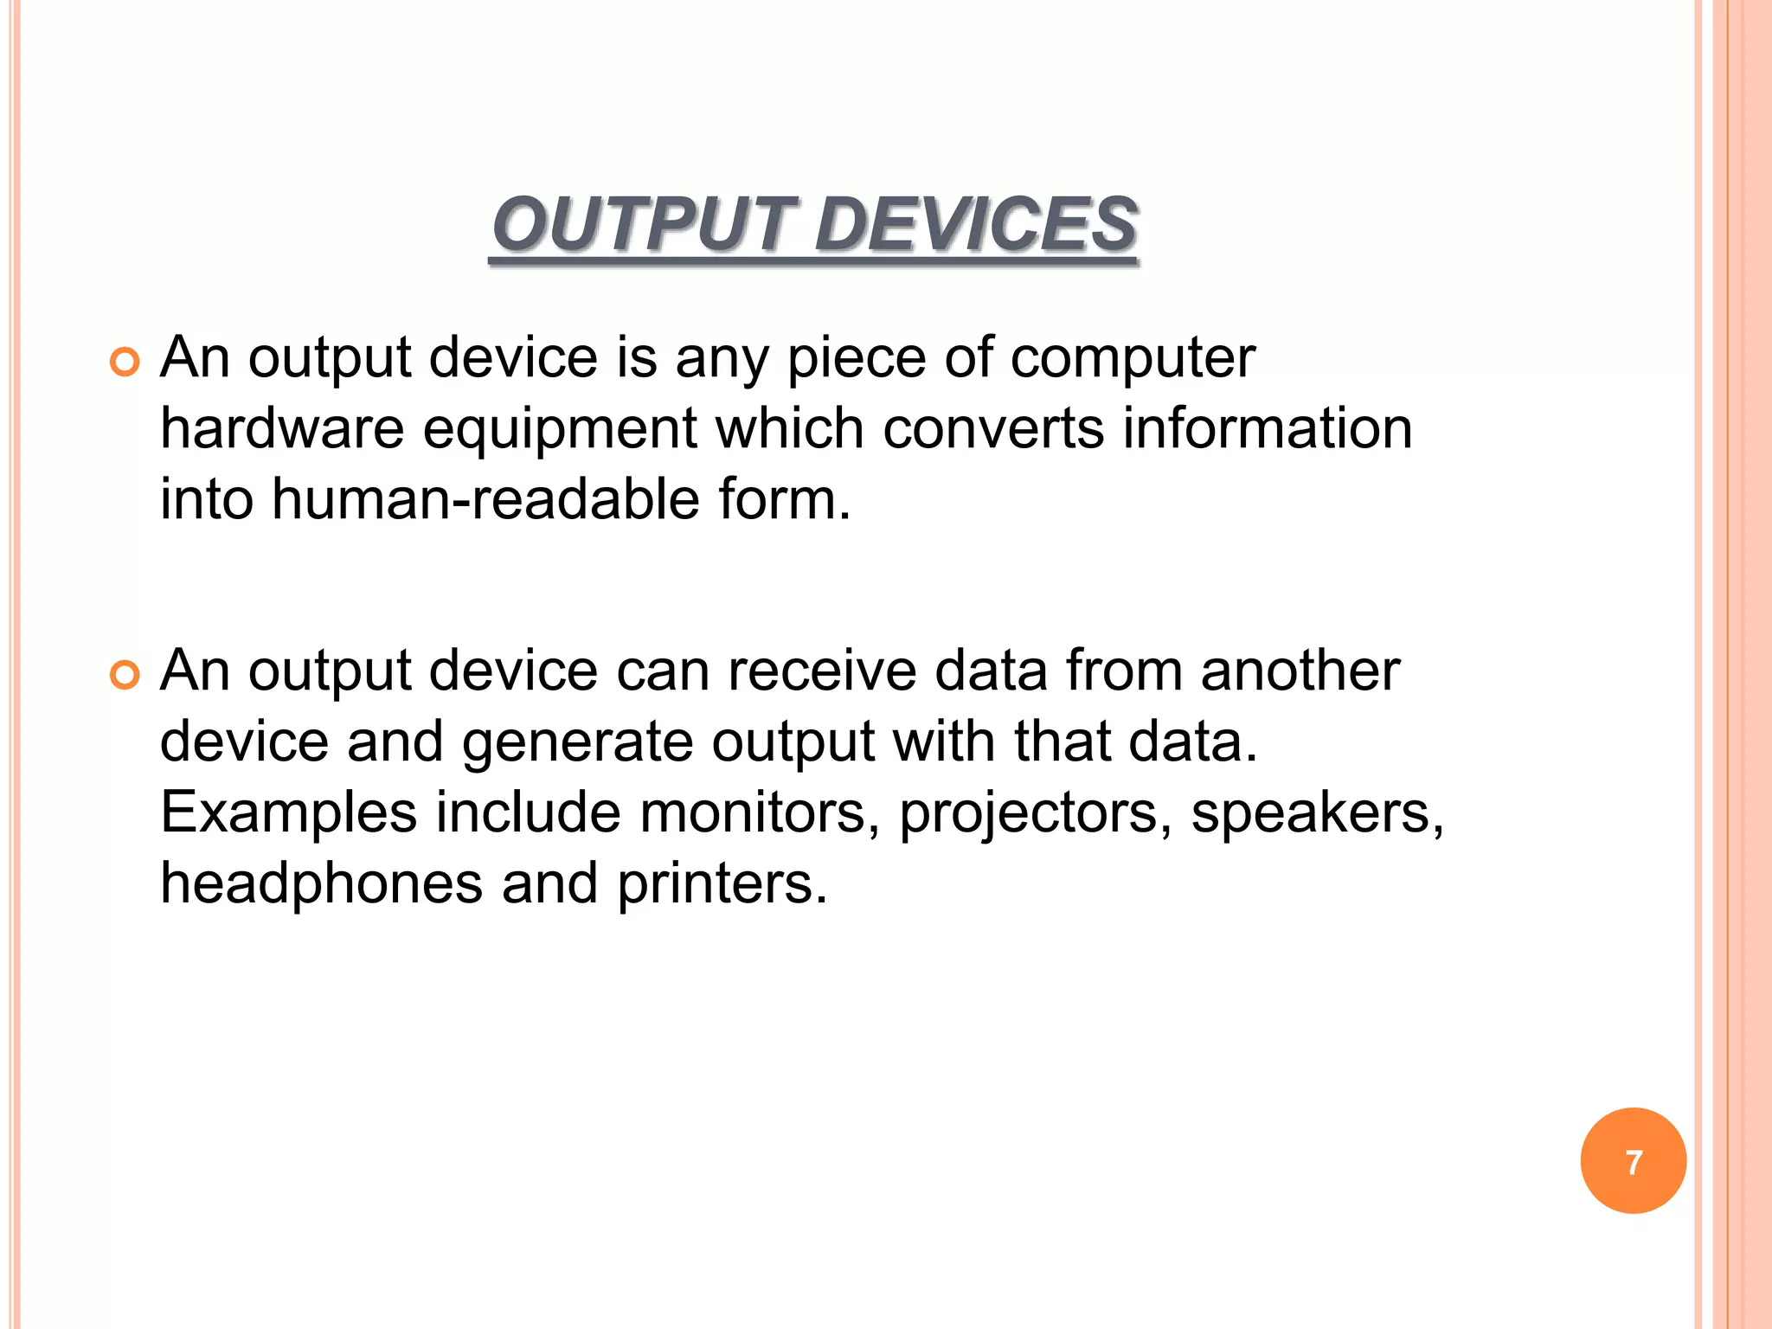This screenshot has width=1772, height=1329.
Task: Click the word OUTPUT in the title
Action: pos(641,224)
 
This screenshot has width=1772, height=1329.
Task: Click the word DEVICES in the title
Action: pos(976,224)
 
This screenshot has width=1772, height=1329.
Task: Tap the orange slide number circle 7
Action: pos(1633,1161)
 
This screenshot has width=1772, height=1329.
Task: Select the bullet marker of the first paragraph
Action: pos(125,363)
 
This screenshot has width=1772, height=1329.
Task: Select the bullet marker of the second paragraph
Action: pos(125,676)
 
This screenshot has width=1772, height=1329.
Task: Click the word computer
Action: pos(1133,358)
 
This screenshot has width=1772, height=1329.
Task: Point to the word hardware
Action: pos(282,429)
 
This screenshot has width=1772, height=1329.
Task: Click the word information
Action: pos(1268,429)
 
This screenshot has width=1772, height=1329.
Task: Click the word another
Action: pos(1300,671)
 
